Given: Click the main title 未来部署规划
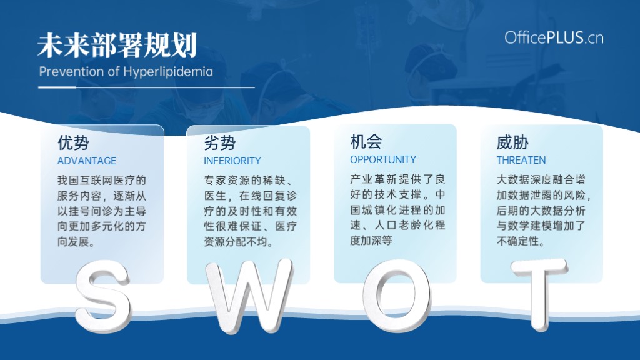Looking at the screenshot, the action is [117, 45].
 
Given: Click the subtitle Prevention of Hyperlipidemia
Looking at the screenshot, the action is [126, 72].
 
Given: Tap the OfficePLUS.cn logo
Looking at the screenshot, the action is [554, 38].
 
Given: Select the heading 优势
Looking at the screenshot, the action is [74, 143].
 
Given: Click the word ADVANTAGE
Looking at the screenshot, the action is [86, 161].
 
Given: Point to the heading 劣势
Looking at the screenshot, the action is [220, 143].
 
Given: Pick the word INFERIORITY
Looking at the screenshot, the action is [232, 161].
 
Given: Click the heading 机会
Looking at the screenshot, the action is [366, 142].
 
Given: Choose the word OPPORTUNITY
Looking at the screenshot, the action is [383, 159].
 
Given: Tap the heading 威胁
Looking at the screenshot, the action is [512, 142].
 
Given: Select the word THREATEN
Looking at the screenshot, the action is [521, 160].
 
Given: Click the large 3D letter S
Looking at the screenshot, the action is [102, 296].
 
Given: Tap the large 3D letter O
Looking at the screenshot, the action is [397, 295].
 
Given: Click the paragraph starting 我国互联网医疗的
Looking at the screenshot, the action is [102, 211].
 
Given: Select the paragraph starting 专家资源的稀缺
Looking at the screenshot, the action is [250, 211].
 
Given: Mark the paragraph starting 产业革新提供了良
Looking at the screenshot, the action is [397, 210].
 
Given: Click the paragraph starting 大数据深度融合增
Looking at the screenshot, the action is [544, 210].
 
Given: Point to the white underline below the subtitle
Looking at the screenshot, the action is [146, 87].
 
